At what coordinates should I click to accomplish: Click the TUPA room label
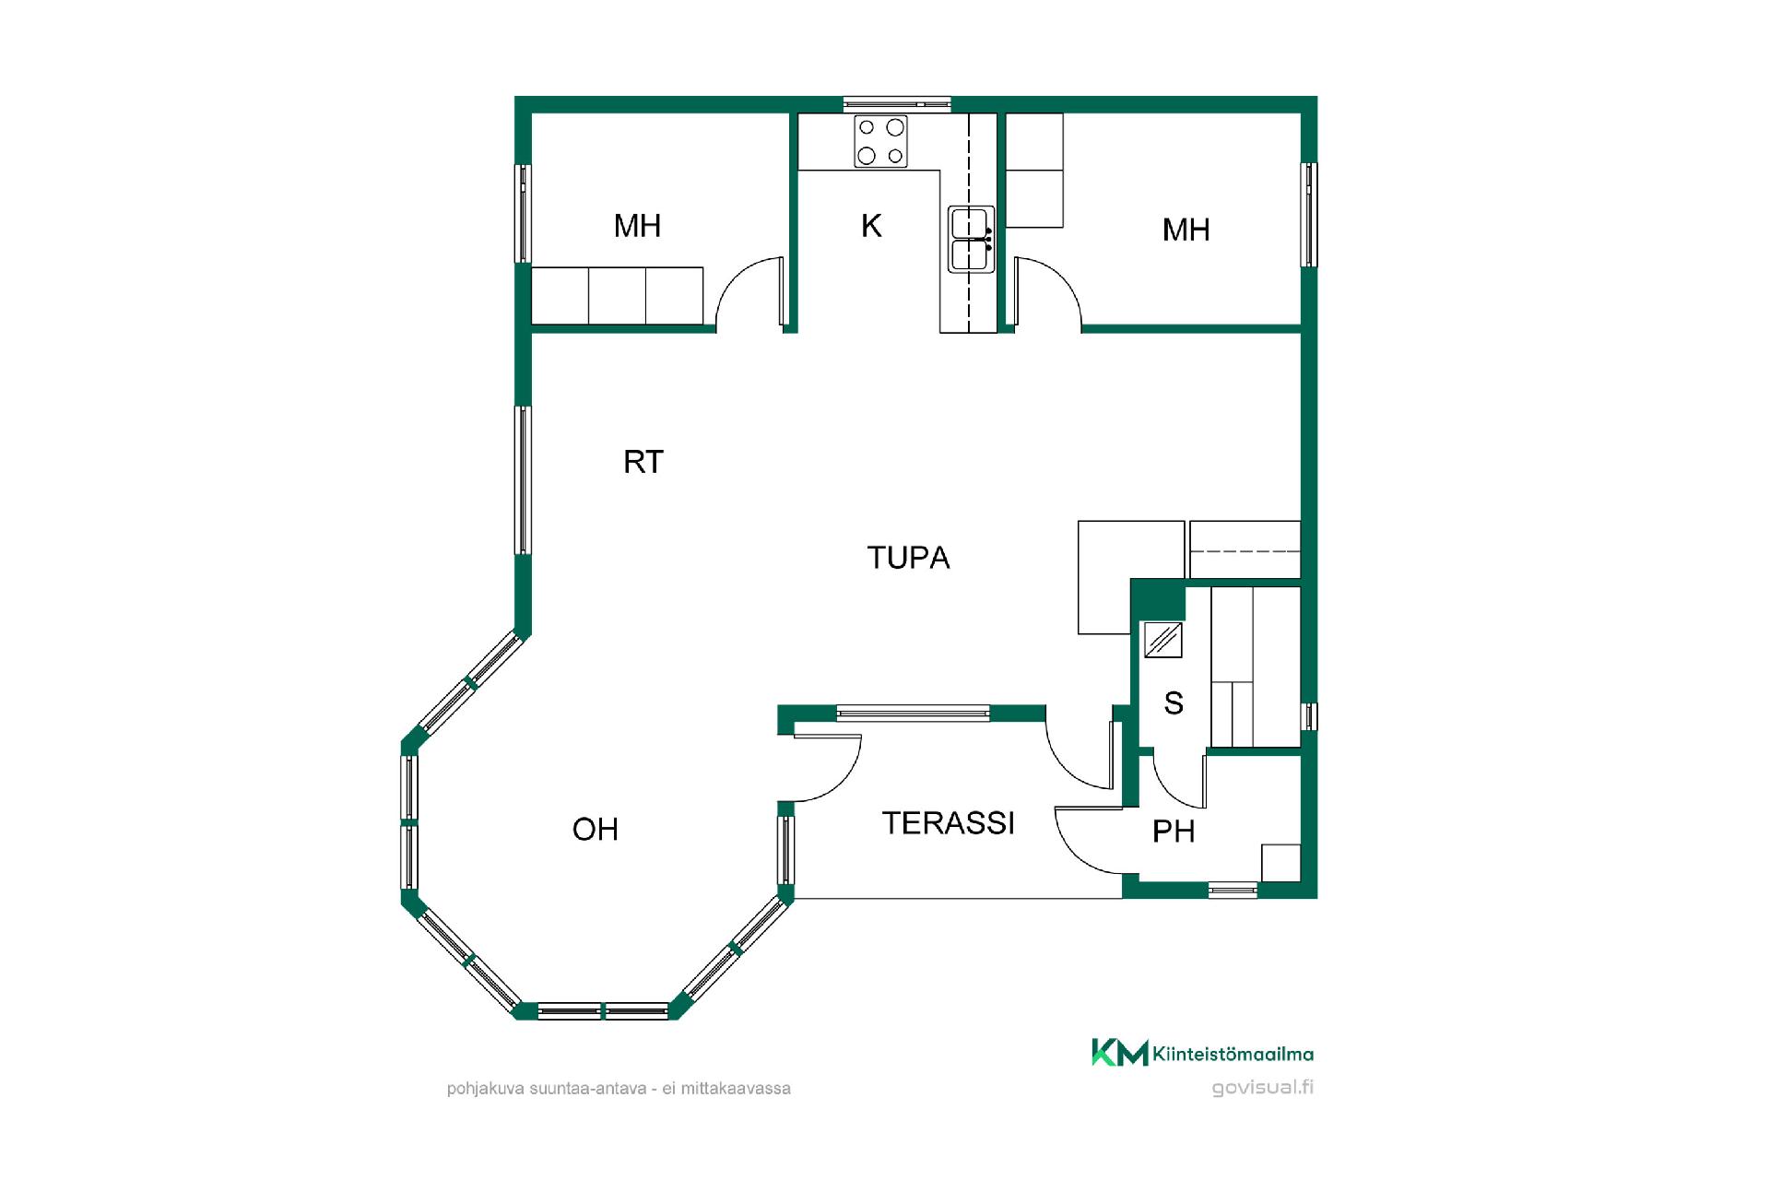[908, 558]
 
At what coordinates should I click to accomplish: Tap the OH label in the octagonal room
[596, 830]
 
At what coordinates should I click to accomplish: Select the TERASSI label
[949, 823]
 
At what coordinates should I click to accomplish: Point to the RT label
[643, 462]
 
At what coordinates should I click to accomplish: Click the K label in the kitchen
[871, 226]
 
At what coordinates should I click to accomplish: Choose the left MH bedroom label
[638, 226]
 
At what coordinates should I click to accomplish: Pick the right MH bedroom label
[1186, 230]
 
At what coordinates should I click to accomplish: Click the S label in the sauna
[1174, 703]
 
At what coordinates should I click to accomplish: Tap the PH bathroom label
[1174, 832]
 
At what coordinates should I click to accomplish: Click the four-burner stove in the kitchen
[880, 141]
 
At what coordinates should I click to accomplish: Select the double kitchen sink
[972, 240]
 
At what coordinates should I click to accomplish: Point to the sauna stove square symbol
[1163, 640]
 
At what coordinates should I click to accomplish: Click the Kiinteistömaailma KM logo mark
[1120, 1052]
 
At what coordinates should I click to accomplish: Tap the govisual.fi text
[1263, 1087]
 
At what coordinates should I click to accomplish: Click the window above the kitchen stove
[897, 104]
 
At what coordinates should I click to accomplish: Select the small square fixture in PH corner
[1281, 863]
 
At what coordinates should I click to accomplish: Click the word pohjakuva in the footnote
[486, 1089]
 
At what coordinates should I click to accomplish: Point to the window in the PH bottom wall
[1233, 890]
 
